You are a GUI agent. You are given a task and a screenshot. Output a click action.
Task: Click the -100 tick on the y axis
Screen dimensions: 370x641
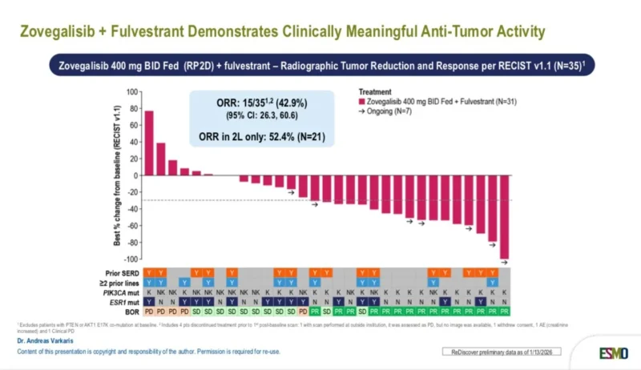131,259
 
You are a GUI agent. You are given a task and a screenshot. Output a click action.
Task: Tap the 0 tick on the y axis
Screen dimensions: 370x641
135,175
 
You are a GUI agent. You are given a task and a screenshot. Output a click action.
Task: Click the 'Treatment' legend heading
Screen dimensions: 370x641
375,92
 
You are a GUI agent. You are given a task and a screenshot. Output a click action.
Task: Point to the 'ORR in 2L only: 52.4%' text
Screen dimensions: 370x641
262,138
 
